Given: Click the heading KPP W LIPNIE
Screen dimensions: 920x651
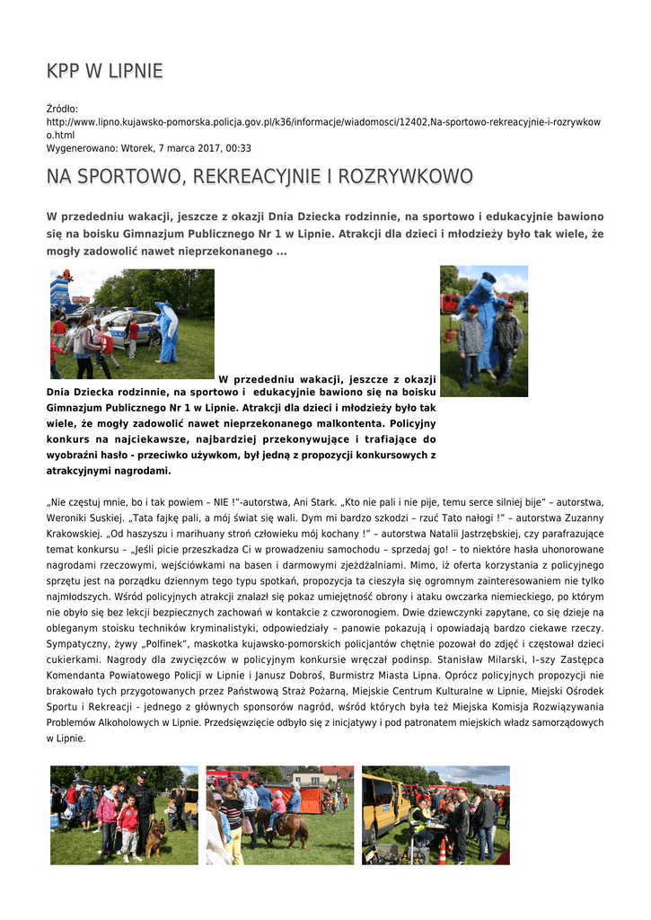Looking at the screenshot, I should (104, 71).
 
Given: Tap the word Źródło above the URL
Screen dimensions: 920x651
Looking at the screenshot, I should (62, 109).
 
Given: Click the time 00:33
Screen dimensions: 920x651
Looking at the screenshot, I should (239, 148).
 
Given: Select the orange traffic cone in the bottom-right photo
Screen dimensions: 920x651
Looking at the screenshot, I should (442, 850).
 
